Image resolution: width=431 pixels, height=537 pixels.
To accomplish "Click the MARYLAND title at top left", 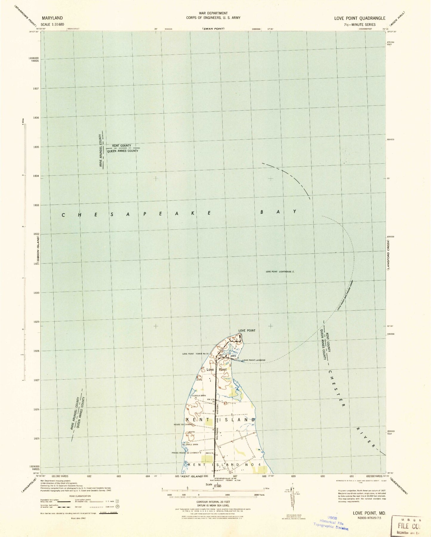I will [52, 18].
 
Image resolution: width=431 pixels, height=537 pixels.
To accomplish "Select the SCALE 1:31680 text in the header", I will [53, 24].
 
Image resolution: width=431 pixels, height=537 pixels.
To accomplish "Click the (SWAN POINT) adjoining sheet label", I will [213, 29].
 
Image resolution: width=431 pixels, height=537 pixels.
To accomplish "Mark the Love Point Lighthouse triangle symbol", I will [293, 271].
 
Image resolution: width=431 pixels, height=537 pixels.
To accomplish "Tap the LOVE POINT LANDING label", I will [254, 360].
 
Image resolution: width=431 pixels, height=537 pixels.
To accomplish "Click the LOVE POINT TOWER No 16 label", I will [196, 354].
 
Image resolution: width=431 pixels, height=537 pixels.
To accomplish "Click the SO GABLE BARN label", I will [190, 445].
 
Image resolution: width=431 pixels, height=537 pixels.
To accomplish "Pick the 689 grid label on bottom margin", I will [293, 476].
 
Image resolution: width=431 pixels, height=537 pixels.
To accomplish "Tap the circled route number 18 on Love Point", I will [222, 349].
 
